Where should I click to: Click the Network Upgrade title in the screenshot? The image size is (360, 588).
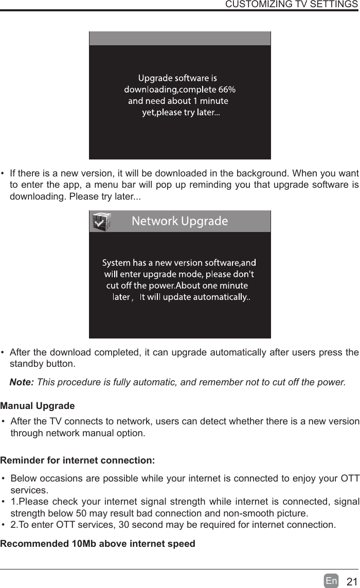180,222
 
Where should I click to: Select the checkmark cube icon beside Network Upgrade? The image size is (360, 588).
101,222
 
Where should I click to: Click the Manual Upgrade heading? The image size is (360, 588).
38,406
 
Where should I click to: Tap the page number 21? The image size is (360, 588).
351,582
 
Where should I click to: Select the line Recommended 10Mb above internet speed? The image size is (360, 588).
98,543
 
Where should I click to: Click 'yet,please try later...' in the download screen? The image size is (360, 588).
181,113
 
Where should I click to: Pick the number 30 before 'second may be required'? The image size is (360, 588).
123,525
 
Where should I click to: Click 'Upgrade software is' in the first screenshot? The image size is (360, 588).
177,78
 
